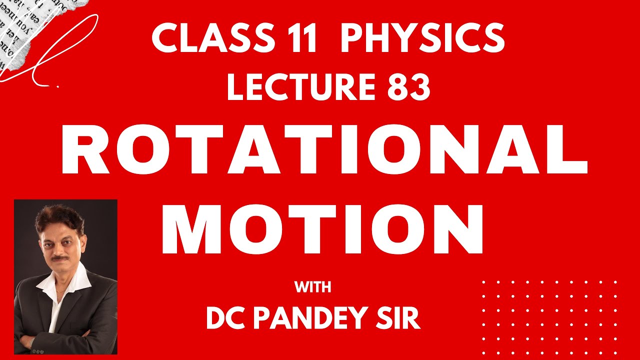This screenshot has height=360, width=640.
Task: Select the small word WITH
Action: pyautogui.click(x=312, y=287)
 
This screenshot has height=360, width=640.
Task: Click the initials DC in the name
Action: pyautogui.click(x=224, y=318)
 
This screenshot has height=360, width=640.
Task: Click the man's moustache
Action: pyautogui.click(x=60, y=258)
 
